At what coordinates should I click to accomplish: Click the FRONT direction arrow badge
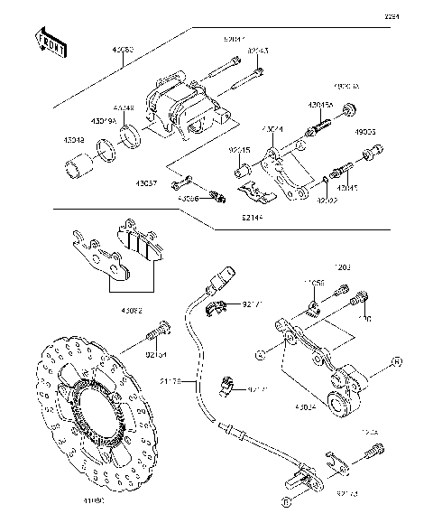point(51,43)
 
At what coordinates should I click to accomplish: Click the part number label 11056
point(314,284)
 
